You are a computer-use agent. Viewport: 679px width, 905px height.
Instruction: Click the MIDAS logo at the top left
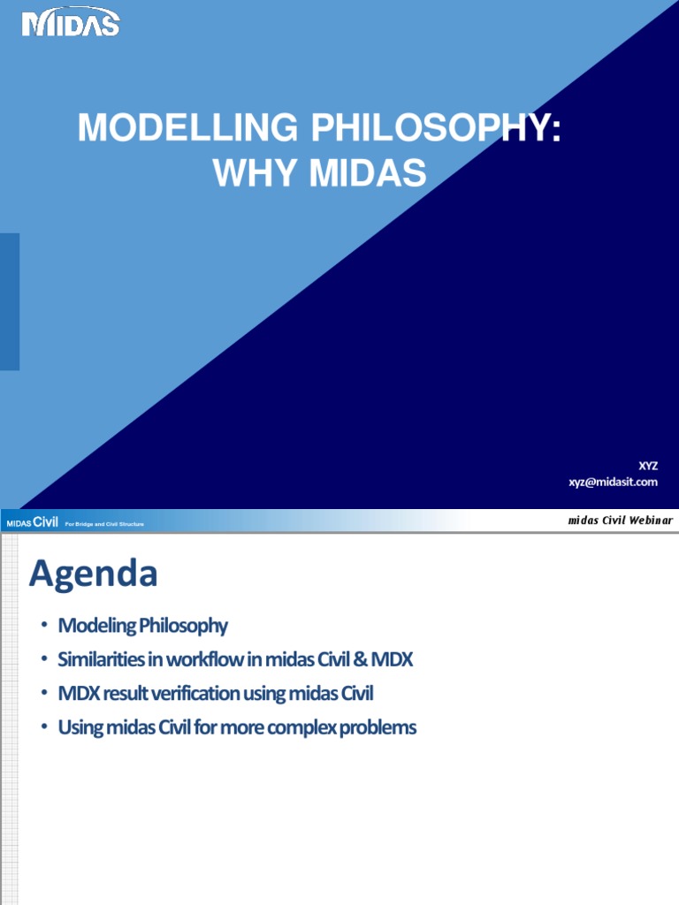[71, 24]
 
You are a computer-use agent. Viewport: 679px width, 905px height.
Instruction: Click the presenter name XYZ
[648, 466]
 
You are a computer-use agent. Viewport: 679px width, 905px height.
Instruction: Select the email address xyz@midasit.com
[613, 482]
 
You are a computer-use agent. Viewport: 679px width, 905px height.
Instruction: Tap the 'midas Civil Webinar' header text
[620, 521]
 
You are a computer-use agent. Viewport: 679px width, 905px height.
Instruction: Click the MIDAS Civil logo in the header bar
[33, 523]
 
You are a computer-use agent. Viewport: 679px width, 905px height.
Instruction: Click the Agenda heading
[93, 574]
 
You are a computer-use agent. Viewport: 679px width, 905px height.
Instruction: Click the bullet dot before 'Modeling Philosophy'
[43, 627]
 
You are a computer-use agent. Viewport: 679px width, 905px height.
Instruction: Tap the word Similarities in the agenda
[102, 659]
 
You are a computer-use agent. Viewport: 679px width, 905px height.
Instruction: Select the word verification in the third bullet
[206, 694]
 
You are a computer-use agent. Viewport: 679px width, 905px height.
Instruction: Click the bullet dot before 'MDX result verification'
[43, 695]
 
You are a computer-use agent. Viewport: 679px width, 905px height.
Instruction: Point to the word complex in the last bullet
[311, 727]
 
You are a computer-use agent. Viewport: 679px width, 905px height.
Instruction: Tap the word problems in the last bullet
[381, 727]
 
